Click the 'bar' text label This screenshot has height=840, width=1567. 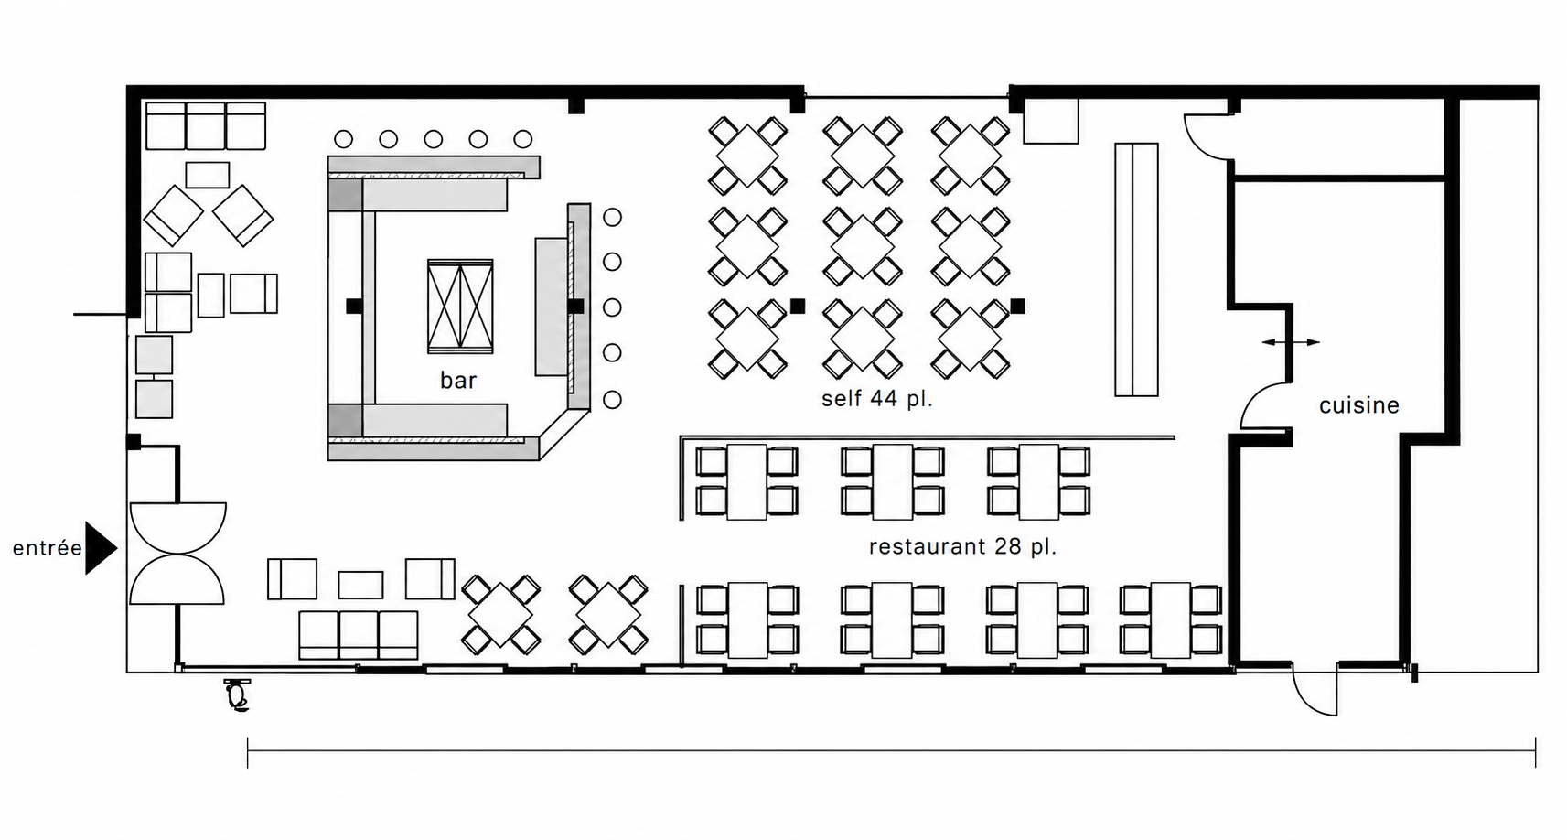point(458,380)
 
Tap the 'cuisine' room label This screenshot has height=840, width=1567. point(1359,405)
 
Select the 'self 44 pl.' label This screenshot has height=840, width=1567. point(877,399)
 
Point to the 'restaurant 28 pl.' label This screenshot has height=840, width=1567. point(962,546)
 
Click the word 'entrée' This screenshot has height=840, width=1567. point(48,547)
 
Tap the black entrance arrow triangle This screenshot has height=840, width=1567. point(101,547)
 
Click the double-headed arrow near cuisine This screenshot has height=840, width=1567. point(1291,342)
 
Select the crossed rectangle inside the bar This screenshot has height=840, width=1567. point(460,307)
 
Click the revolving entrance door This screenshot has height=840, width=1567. point(177,553)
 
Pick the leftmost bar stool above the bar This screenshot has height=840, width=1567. point(343,139)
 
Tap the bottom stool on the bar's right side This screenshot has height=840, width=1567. point(612,400)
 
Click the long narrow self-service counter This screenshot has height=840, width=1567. point(1137,270)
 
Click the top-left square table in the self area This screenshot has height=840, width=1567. point(747,156)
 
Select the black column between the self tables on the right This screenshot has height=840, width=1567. point(1018,306)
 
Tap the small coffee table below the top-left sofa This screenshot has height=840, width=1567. point(208,175)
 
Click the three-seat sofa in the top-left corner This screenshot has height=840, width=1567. point(206,126)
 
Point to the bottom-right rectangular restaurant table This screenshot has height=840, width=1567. point(1171,620)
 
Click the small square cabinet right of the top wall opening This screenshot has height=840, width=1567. point(1051,121)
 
